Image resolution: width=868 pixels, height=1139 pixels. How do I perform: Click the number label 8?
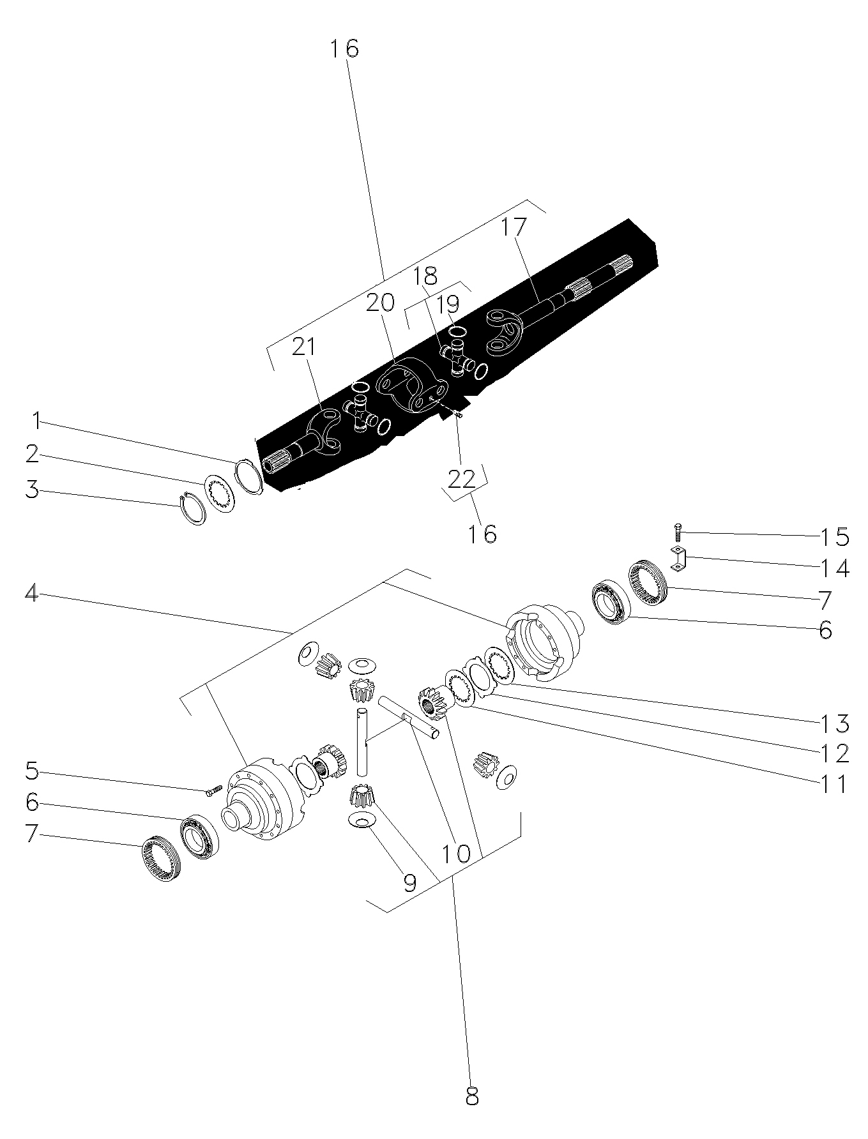coord(472,1096)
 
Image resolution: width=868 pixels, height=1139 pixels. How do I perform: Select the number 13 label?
coord(834,724)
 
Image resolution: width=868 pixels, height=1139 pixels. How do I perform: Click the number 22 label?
coord(461,478)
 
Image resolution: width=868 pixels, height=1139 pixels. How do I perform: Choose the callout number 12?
coord(834,753)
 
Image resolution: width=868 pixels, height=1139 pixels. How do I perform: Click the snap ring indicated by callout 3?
coord(192,508)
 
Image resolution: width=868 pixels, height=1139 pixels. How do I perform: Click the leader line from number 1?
coord(139,442)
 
